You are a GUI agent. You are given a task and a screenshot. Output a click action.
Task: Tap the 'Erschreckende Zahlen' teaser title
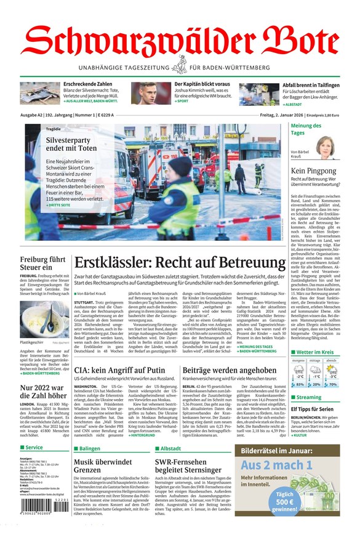(87, 84)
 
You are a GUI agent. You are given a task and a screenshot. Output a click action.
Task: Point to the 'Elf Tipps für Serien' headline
(312, 409)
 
